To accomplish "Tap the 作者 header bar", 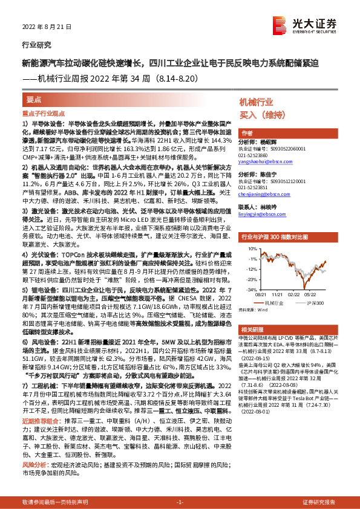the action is click(247, 133).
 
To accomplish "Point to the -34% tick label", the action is click(250, 290).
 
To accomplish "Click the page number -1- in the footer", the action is click(180, 502).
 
